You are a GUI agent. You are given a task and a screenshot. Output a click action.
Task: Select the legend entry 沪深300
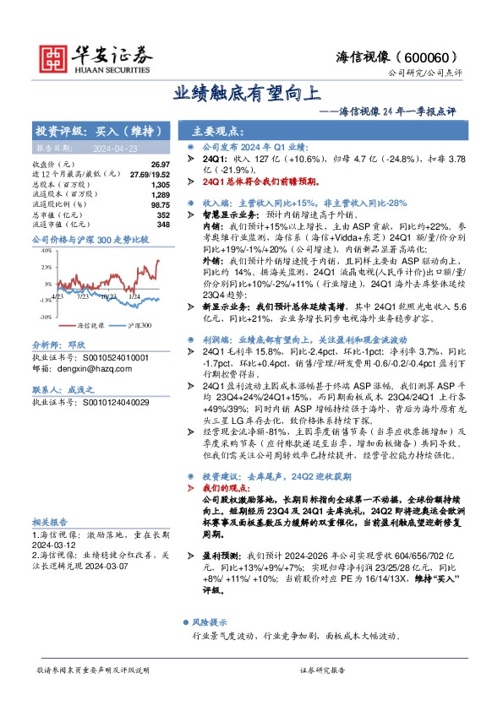[139, 324]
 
